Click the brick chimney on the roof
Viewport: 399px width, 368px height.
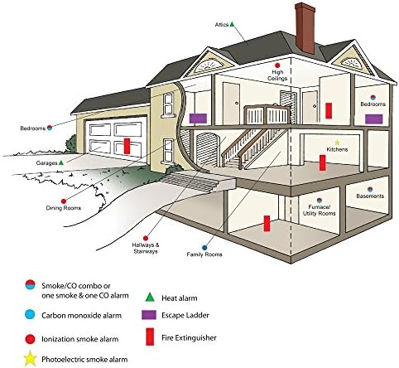[x=305, y=28]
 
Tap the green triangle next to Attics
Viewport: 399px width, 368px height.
[x=232, y=24]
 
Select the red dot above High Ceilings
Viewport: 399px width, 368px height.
[x=277, y=65]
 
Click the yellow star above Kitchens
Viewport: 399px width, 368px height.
[x=337, y=143]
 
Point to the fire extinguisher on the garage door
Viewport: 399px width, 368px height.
[x=127, y=146]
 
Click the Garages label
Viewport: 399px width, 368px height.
[x=46, y=163]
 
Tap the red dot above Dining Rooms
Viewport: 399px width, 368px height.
[x=64, y=201]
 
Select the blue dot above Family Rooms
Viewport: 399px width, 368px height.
[x=204, y=248]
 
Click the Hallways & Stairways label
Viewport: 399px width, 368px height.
[x=146, y=248]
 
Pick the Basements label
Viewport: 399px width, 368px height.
[x=370, y=196]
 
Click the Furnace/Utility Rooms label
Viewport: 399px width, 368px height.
[x=320, y=211]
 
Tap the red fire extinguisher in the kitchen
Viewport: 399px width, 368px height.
[x=322, y=162]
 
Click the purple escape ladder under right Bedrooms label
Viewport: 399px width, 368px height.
[x=374, y=119]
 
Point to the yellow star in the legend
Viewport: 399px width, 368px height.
[x=31, y=359]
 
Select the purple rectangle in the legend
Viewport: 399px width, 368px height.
[x=149, y=315]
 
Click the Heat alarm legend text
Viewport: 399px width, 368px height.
[x=180, y=298]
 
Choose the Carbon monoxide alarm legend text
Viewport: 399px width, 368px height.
[x=81, y=315]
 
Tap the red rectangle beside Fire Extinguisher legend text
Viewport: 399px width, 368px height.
[x=150, y=337]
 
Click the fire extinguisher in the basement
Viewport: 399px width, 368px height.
[x=267, y=223]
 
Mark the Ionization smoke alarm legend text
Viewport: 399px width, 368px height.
[x=80, y=339]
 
